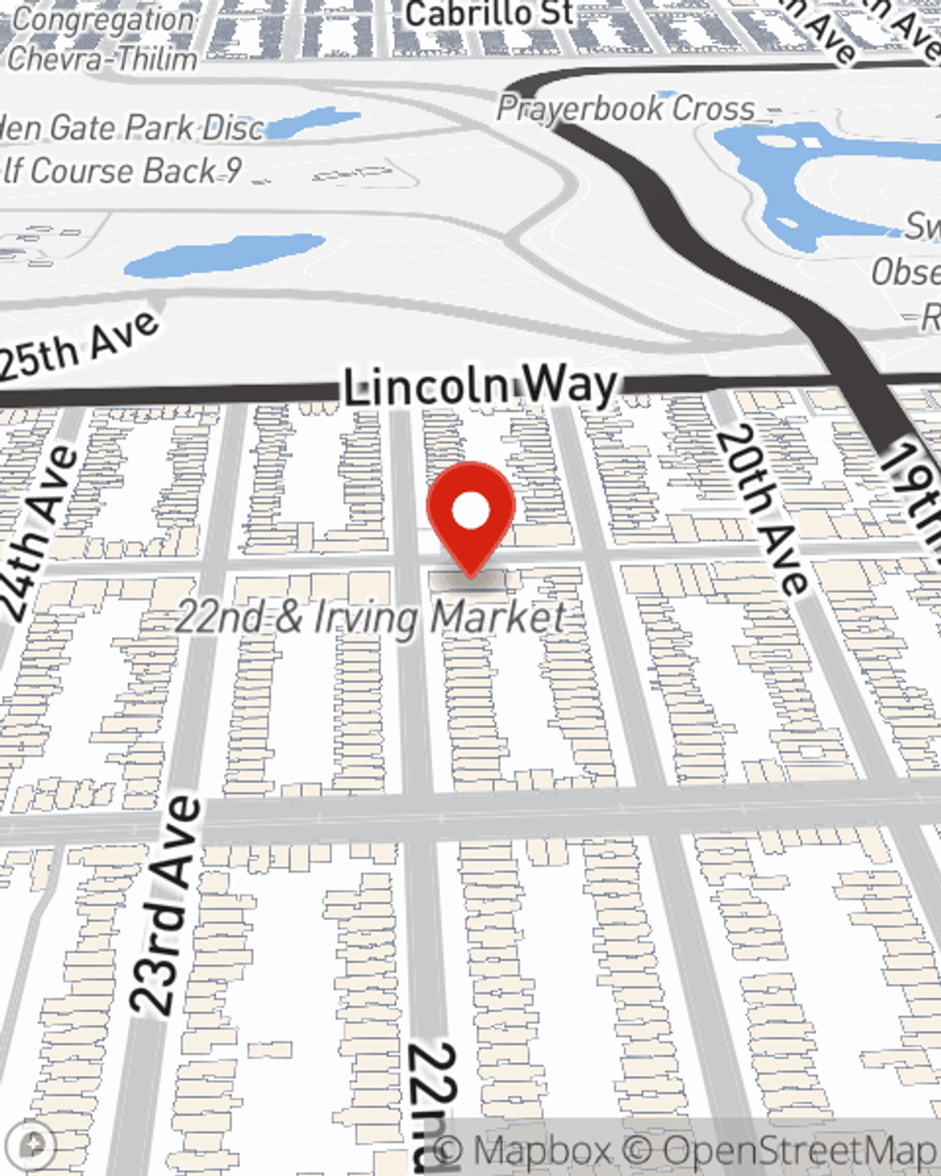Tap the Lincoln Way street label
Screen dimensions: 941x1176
479,387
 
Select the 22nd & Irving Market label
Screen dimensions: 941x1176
371,617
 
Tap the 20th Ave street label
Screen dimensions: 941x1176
762,508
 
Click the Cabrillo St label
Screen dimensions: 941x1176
488,14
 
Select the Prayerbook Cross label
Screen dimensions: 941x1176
625,108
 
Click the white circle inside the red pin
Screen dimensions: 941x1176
470,512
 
